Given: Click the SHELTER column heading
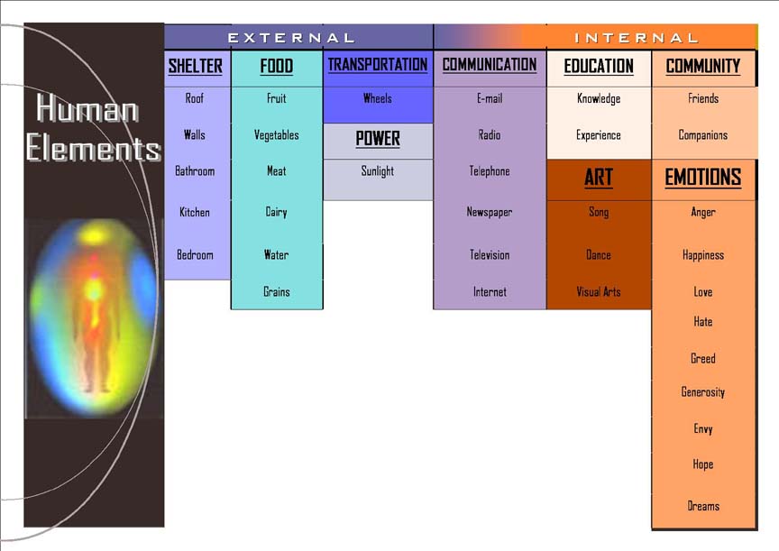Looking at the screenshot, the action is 196,66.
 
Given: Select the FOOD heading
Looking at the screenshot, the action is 276,66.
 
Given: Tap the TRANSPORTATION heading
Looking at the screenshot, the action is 378,65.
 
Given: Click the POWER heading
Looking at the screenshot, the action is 378,139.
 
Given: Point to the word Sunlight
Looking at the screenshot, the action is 378,171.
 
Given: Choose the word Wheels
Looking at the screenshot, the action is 378,98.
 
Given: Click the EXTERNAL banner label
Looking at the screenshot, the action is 291,38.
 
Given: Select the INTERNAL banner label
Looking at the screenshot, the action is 637,38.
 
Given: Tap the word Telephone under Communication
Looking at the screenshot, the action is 490,171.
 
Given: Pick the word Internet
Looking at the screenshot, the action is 490,291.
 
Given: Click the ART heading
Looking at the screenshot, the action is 599,178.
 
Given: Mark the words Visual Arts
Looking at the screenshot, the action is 599,291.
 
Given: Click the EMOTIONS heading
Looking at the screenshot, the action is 703,178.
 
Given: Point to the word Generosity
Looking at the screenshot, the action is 703,392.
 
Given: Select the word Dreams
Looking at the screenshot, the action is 703,506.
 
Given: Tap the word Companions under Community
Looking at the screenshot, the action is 703,135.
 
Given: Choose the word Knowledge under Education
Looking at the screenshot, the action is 599,98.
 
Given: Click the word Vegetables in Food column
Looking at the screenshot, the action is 276,135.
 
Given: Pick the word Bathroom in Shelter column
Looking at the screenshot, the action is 195,171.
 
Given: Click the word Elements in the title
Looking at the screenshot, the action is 94,148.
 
